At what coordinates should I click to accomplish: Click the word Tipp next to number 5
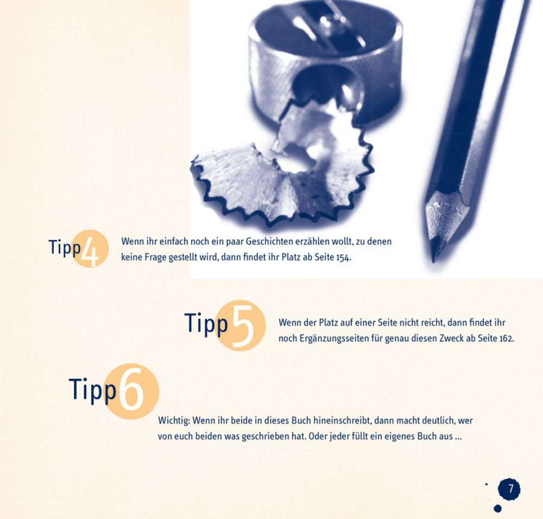tap(206, 324)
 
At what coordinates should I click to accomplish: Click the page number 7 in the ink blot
tap(510, 489)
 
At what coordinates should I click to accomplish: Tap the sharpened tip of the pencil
tap(435, 257)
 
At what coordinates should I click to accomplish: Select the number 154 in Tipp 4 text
tap(343, 258)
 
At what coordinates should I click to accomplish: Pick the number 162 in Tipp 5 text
tap(506, 339)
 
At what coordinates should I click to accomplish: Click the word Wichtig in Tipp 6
tap(174, 421)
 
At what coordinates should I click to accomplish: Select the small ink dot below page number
tap(497, 509)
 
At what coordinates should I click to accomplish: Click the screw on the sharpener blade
tap(325, 20)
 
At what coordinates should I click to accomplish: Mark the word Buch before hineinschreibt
tap(301, 421)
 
